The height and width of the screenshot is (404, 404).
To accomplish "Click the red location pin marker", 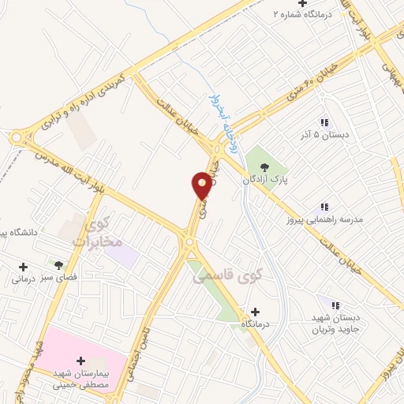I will [203, 185].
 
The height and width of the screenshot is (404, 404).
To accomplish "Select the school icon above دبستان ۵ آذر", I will [324, 122].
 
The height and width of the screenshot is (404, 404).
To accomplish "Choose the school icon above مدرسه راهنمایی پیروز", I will [324, 207].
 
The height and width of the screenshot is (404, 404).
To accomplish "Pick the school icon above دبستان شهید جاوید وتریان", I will [335, 305].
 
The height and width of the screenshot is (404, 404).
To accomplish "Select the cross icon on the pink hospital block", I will [80, 361].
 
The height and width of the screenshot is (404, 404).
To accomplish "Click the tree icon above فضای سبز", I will [57, 264].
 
